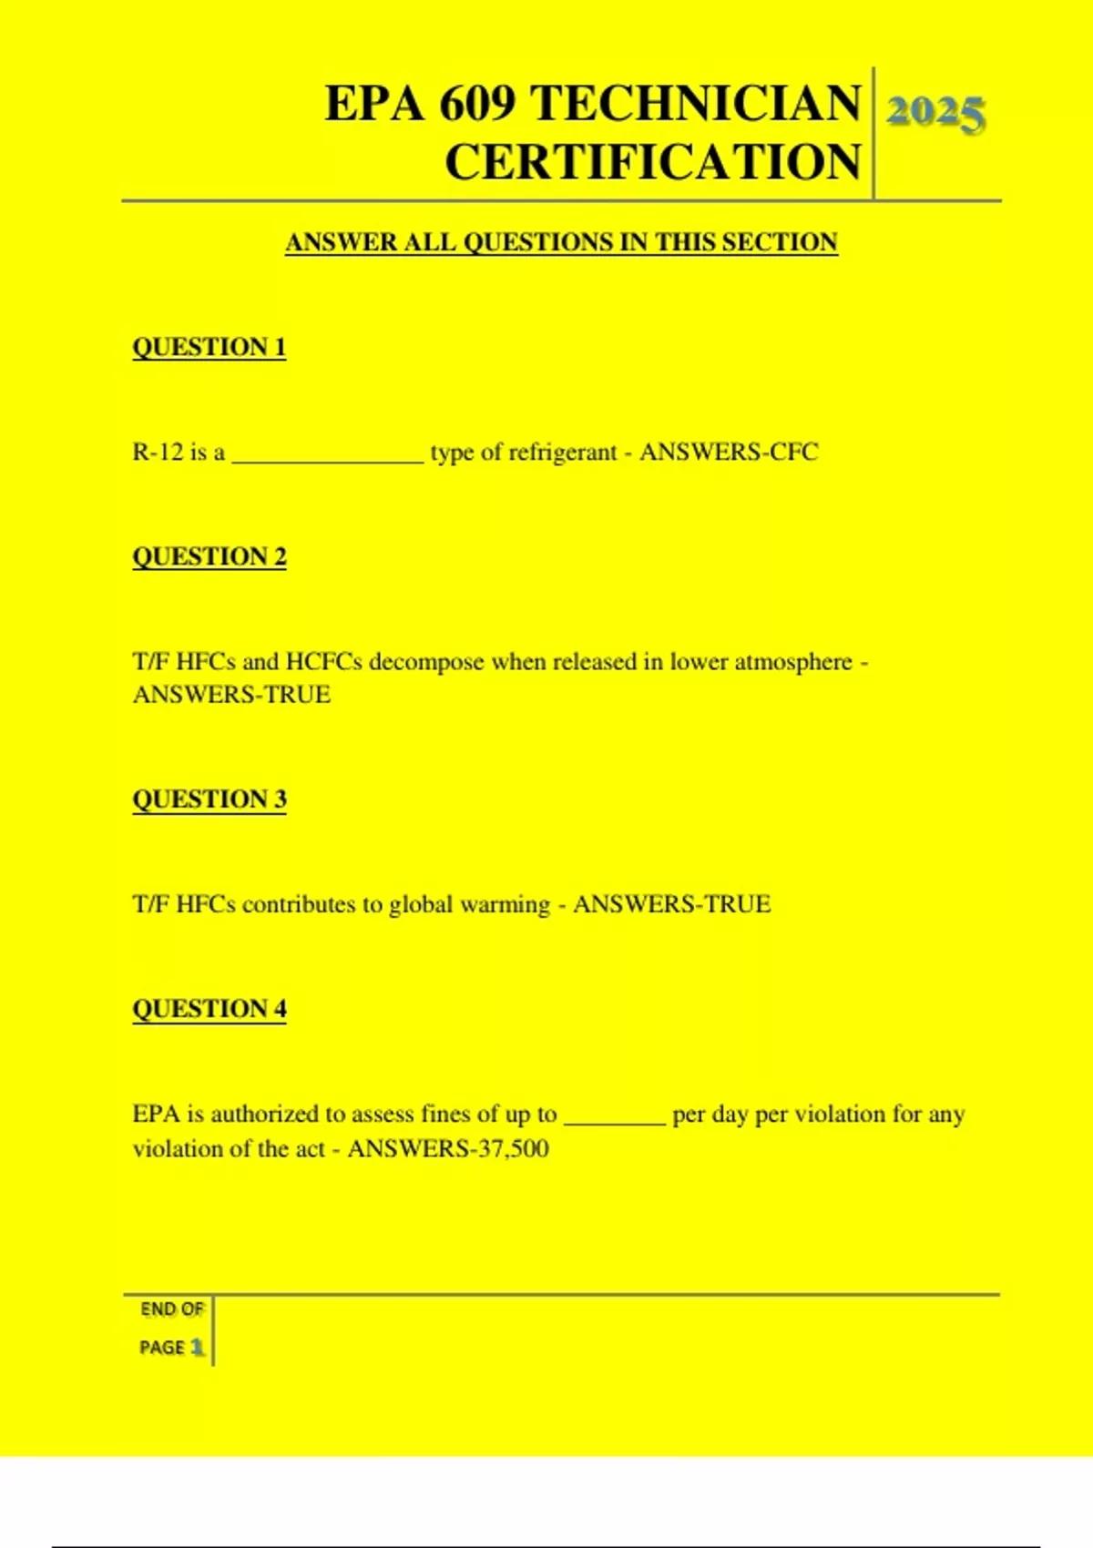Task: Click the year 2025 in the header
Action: point(935,114)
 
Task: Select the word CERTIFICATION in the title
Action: point(652,162)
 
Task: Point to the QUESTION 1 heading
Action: point(209,347)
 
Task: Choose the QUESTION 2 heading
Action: point(209,556)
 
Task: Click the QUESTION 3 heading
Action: point(209,799)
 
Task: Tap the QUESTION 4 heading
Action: point(209,1009)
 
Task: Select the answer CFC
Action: point(793,453)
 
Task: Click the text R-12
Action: point(158,453)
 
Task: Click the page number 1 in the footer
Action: point(197,1347)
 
